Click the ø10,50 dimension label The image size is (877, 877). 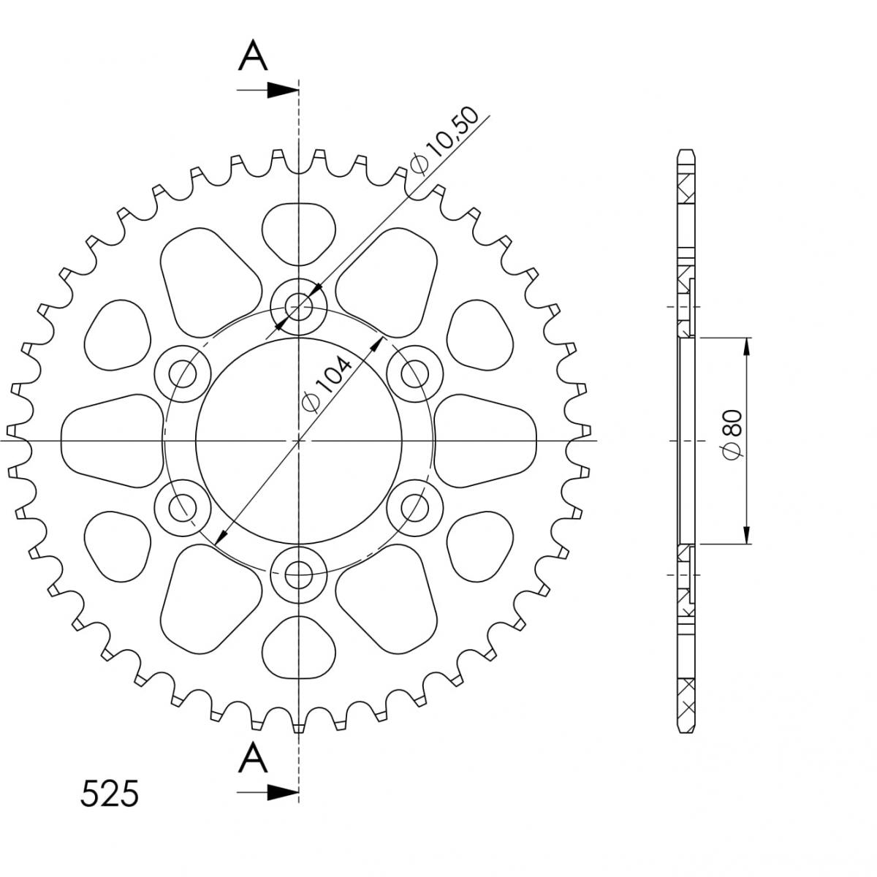coord(444,140)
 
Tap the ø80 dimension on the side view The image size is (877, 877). coord(732,435)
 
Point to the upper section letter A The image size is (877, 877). coord(253,55)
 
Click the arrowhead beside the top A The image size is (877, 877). coord(282,90)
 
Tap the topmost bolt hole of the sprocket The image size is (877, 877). coord(299,306)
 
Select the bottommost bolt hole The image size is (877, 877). coord(299,575)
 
